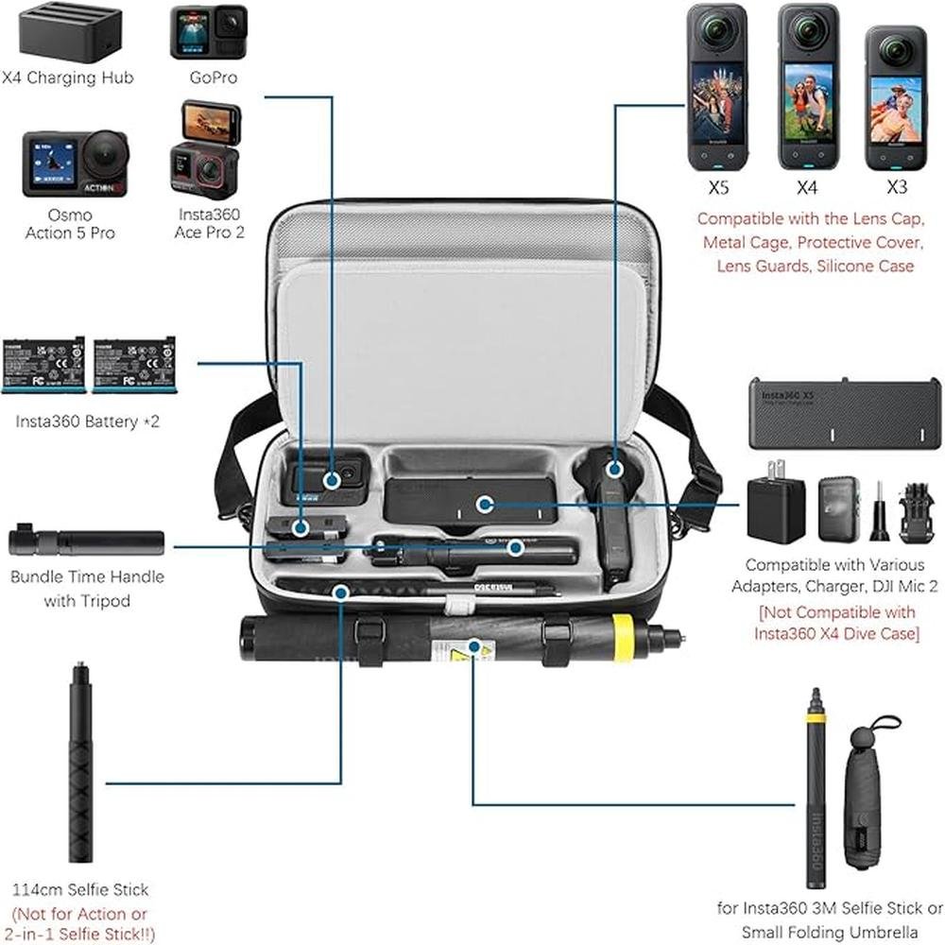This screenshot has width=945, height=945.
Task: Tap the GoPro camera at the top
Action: (x=209, y=32)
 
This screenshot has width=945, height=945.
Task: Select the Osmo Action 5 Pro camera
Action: (x=75, y=163)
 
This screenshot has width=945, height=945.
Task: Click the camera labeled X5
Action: (x=716, y=87)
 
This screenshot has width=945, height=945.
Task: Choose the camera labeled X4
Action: (x=808, y=87)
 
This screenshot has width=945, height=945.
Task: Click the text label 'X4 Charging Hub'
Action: (x=67, y=77)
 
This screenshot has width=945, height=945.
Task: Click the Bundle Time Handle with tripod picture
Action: (x=86, y=542)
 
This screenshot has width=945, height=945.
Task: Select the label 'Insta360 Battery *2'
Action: (x=87, y=421)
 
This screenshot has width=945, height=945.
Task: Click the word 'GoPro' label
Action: (x=214, y=77)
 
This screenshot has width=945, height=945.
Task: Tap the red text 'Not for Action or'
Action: (x=80, y=914)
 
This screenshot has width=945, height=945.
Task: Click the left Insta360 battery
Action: (x=43, y=365)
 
